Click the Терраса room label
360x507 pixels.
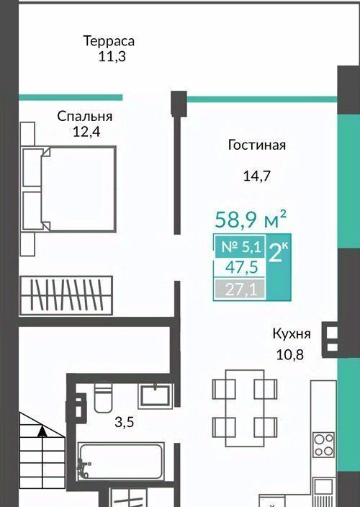pyautogui.click(x=109, y=42)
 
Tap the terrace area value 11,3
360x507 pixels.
pyautogui.click(x=112, y=57)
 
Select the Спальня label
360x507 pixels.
pyautogui.click(x=85, y=116)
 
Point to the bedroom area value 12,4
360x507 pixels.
pyautogui.click(x=86, y=132)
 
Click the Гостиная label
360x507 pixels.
pyautogui.click(x=257, y=145)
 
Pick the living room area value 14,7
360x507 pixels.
pyautogui.click(x=256, y=176)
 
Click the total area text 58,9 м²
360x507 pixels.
pyautogui.click(x=251, y=219)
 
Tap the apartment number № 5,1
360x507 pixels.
pyautogui.click(x=241, y=247)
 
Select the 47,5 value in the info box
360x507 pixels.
pyautogui.click(x=242, y=267)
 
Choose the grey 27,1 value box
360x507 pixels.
pyautogui.click(x=240, y=289)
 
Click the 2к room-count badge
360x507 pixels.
pyautogui.click(x=278, y=253)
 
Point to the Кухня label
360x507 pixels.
pyautogui.click(x=292, y=334)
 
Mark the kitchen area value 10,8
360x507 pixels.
pyautogui.click(x=290, y=355)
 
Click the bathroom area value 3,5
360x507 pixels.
pyautogui.click(x=124, y=422)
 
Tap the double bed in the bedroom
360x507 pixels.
pyautogui.click(x=69, y=189)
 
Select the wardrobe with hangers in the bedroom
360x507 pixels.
pyautogui.click(x=66, y=295)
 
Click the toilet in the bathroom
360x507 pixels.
pyautogui.click(x=103, y=398)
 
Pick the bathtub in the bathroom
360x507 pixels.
pyautogui.click(x=120, y=462)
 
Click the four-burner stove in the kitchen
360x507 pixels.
pyautogui.click(x=323, y=445)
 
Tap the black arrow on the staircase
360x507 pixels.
pyautogui.click(x=42, y=431)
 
